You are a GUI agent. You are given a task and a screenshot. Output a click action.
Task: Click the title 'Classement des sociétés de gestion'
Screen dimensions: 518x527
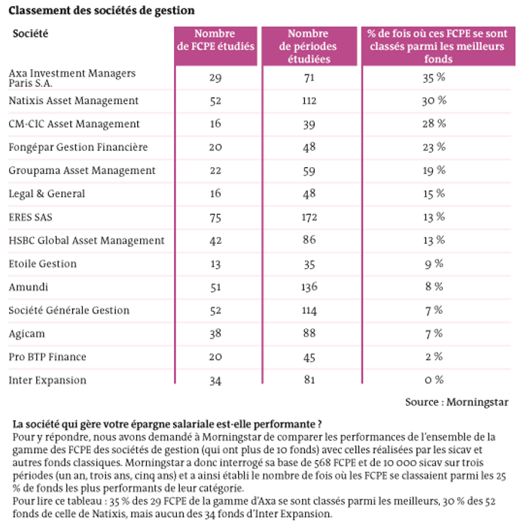[102, 11]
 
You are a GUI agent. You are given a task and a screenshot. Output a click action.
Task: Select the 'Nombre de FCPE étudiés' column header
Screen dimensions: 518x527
[215, 40]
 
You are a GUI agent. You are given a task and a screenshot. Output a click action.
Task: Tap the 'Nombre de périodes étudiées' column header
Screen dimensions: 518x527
[308, 46]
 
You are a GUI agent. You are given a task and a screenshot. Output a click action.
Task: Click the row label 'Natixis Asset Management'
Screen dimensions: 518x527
[73, 100]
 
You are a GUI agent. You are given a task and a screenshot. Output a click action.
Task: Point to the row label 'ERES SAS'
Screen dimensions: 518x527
[30, 217]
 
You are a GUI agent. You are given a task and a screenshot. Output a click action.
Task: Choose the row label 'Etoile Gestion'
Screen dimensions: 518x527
[42, 263]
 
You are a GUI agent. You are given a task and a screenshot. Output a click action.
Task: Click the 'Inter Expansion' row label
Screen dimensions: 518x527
[47, 380]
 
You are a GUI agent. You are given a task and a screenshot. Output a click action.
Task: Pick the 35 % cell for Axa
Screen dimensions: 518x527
[434, 78]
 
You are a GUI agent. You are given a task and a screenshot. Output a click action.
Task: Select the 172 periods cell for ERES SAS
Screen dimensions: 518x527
[309, 217]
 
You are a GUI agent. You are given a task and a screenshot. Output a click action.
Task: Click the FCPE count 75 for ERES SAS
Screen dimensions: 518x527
[215, 218]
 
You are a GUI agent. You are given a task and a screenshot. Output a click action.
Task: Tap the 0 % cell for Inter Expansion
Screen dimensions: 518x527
[434, 379]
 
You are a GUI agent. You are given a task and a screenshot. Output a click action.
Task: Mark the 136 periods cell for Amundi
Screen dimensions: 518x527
[309, 287]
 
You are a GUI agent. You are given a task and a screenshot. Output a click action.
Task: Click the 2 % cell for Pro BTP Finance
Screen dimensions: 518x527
[434, 357]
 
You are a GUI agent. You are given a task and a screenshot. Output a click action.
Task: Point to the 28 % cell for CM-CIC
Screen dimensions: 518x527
[434, 123]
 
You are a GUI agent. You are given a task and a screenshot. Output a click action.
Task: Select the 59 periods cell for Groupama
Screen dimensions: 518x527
[309, 171]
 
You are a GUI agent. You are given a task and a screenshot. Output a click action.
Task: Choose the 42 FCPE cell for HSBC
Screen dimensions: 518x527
[215, 241]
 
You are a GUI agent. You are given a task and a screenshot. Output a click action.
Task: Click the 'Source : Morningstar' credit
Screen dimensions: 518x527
[456, 402]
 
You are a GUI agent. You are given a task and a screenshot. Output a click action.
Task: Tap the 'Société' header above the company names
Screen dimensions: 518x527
[30, 33]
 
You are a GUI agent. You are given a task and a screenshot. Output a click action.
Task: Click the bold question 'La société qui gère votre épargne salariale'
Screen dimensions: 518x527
[167, 424]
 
